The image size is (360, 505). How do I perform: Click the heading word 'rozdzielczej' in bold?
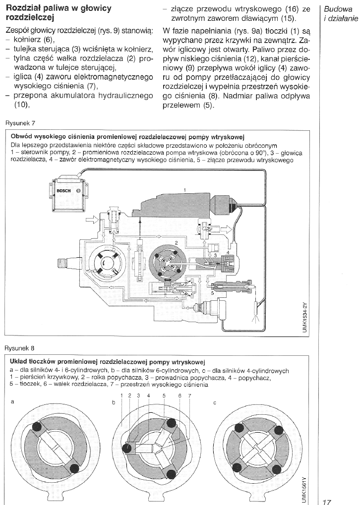click(27, 18)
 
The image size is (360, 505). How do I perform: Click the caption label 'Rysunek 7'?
click(20, 123)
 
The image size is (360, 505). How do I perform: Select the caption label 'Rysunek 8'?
click(20, 348)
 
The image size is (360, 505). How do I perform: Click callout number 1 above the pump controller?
click(184, 190)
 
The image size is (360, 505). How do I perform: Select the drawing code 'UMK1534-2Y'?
click(305, 315)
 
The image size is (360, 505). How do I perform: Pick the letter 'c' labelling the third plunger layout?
click(214, 402)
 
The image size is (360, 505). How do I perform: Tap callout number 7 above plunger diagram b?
click(189, 395)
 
